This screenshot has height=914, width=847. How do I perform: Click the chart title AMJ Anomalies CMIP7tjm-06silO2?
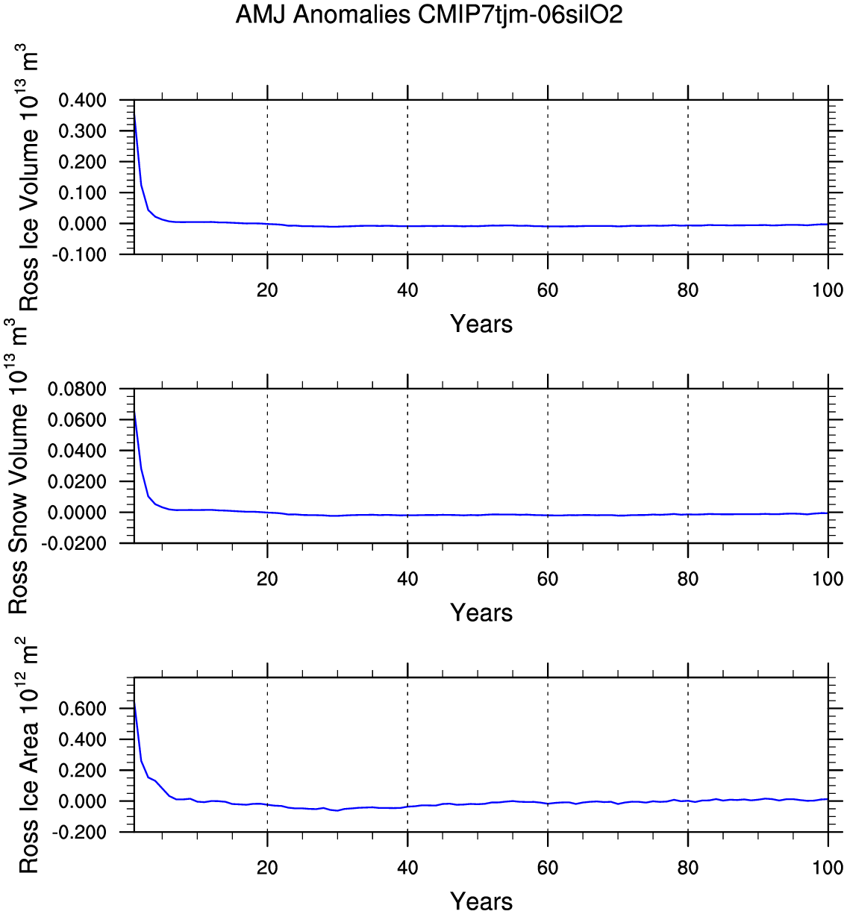pos(429,15)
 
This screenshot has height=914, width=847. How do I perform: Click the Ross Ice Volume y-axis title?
pos(28,179)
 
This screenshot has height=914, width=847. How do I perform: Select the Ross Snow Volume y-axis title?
pos(19,466)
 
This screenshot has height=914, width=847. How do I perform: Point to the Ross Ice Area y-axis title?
pos(28,755)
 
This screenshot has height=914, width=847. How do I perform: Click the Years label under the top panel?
pos(481,324)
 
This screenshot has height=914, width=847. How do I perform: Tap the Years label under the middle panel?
pos(481,613)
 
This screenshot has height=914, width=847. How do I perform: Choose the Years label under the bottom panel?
pos(481,901)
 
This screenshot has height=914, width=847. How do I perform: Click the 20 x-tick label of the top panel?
pos(267,290)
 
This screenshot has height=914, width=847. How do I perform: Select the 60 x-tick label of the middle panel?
pos(548,579)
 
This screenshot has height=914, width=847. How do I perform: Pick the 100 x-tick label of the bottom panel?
pos(828,868)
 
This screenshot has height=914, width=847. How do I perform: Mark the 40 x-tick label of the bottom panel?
pos(407,868)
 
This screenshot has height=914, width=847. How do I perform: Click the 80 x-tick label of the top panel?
pos(688,290)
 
